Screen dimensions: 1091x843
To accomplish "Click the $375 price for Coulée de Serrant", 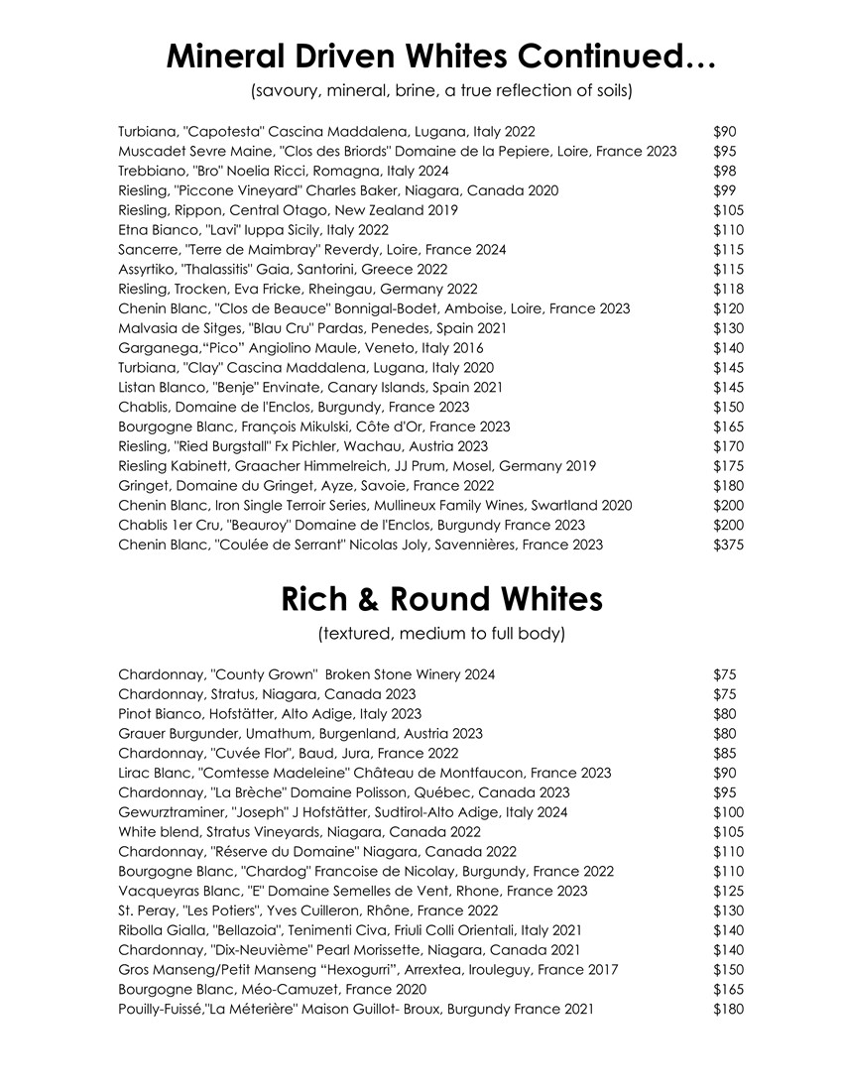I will [x=728, y=545].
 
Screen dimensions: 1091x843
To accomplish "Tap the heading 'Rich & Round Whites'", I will [x=441, y=599].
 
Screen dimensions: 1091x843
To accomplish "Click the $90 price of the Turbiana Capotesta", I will [x=724, y=131].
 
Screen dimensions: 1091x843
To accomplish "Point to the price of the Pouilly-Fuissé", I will [x=728, y=1009].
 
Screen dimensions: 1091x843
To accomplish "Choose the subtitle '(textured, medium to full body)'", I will [x=441, y=633].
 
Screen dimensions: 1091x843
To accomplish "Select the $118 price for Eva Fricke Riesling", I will [x=728, y=289].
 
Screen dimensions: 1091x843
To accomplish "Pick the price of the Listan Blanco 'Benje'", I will [x=728, y=387].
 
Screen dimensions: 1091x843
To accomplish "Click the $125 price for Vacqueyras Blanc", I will [x=728, y=891].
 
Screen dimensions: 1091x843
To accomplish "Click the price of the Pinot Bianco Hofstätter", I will [x=724, y=713].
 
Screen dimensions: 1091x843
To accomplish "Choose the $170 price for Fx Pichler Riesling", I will [x=728, y=446].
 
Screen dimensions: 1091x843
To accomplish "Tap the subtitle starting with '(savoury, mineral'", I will [x=441, y=91].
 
